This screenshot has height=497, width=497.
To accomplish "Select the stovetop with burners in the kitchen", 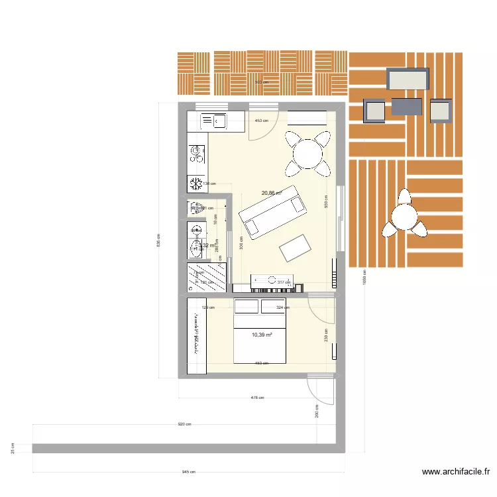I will coord(197,154).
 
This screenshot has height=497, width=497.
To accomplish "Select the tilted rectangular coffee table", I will coord(296,248).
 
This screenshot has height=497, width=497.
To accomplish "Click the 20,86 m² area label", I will coord(272,193).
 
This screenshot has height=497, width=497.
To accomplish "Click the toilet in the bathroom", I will coord(196,249).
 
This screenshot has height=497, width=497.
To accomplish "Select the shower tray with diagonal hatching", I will coord(207,277).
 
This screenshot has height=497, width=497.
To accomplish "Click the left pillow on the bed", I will coord(247,307).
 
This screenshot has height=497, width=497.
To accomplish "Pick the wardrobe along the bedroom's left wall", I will coord(197,336).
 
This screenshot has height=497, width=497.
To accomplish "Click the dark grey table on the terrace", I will coord(406,106).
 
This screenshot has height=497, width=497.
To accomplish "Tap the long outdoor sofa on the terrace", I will coord(408,80).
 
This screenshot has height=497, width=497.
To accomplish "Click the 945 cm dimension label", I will coord(189,472).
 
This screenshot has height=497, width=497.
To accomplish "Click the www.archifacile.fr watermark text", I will coord(456,472).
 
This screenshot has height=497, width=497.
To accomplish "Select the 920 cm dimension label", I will coord(184,425).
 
